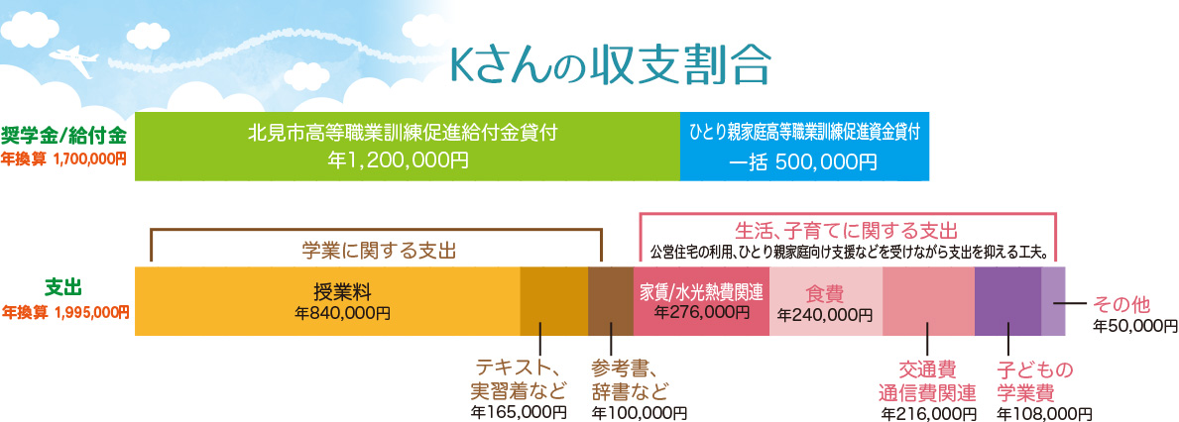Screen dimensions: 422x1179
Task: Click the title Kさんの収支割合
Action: pyautogui.click(x=610, y=64)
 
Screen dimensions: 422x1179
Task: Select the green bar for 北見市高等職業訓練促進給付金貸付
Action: pyautogui.click(x=407, y=147)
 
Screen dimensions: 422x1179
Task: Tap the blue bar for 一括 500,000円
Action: pyautogui.click(x=804, y=147)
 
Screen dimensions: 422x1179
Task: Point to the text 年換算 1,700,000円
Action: pyautogui.click(x=64, y=158)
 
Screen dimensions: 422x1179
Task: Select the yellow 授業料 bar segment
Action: pyautogui.click(x=327, y=300)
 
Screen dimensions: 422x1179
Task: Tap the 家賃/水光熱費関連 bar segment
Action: pyautogui.click(x=701, y=300)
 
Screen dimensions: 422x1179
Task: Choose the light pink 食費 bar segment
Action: pyautogui.click(x=825, y=300)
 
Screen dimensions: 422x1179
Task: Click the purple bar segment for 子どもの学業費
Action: pyautogui.click(x=1007, y=300)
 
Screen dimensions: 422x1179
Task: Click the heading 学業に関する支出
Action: pyautogui.click(x=382, y=250)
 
